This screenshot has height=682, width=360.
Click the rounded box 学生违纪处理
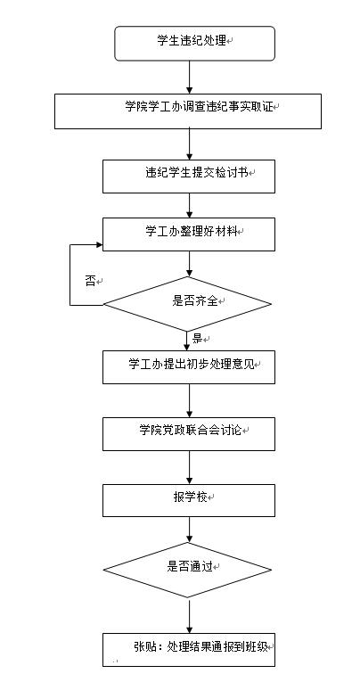click(x=194, y=43)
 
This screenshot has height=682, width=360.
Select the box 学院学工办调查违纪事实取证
click(x=188, y=111)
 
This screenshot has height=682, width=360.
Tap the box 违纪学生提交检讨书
click(x=189, y=177)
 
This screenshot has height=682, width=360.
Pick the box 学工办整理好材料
click(x=189, y=234)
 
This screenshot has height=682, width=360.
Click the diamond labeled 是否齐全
click(x=187, y=304)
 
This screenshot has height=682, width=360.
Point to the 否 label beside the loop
click(x=90, y=281)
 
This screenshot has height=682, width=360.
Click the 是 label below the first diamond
click(x=198, y=339)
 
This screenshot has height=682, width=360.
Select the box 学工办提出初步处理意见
click(x=189, y=367)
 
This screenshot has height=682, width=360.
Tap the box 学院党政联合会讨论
click(x=189, y=434)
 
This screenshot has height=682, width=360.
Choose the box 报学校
click(x=189, y=500)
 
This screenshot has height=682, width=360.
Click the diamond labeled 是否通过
click(x=187, y=570)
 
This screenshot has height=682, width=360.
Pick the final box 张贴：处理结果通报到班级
click(x=189, y=650)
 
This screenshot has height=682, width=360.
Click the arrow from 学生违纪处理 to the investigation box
click(x=190, y=77)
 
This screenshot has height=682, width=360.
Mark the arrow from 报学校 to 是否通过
click(x=190, y=530)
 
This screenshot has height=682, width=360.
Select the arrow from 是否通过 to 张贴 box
click(x=190, y=615)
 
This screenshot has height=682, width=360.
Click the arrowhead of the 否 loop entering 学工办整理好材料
click(x=100, y=245)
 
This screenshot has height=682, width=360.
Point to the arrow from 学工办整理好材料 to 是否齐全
click(x=190, y=264)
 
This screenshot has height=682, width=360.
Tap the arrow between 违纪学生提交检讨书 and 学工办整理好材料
click(x=190, y=205)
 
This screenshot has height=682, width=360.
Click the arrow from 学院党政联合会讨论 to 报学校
click(x=190, y=467)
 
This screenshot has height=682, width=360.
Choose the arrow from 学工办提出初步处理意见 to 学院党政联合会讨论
click(x=190, y=400)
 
